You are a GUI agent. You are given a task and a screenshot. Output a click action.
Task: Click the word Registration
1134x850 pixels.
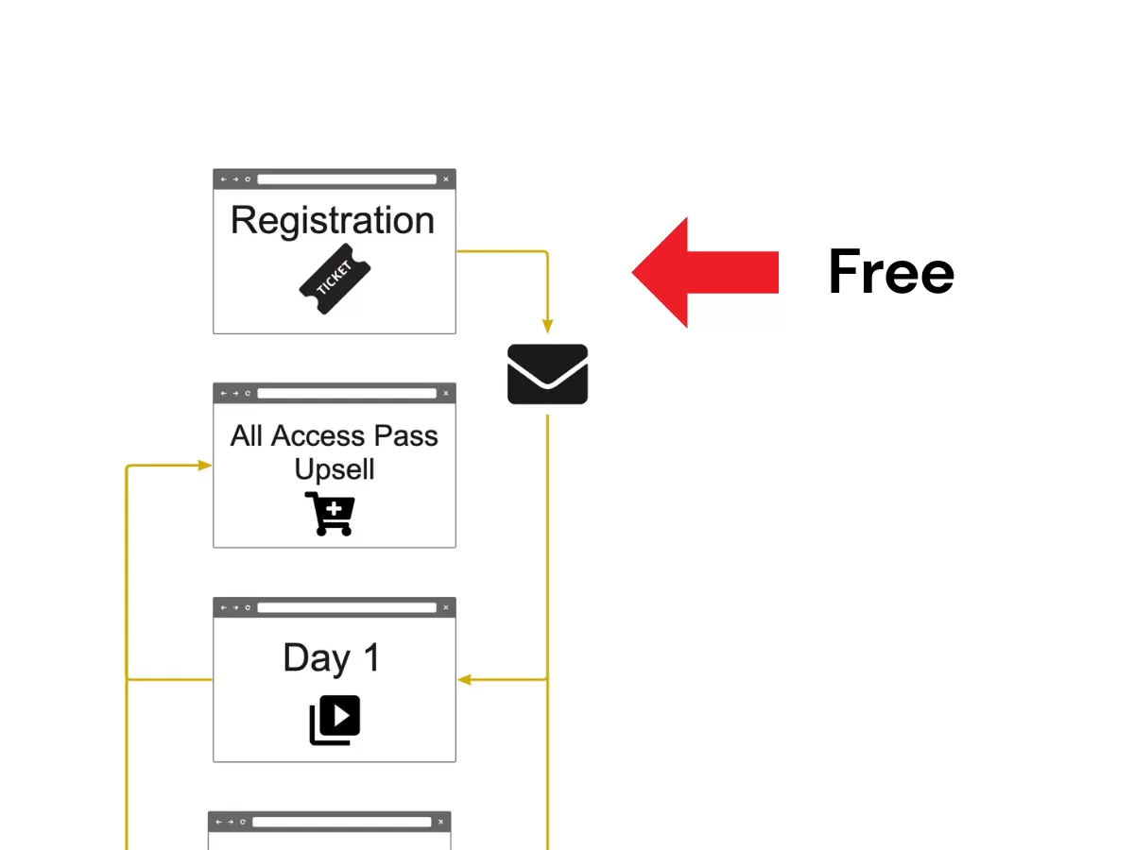click(333, 221)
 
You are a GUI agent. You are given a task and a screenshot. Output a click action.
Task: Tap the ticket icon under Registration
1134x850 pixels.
click(335, 279)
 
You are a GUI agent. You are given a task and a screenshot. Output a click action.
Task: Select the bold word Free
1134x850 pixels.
click(891, 272)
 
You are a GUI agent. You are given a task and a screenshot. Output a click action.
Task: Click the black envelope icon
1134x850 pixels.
click(547, 374)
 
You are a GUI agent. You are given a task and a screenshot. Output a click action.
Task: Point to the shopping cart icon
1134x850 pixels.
click(330, 514)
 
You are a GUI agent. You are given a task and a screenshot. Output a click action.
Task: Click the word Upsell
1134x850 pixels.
click(335, 469)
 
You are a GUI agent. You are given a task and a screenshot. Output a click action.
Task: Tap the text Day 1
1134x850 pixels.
click(331, 658)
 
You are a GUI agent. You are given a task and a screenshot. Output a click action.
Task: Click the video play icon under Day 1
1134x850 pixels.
click(335, 720)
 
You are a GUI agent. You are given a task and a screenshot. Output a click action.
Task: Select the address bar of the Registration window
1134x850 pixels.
click(347, 179)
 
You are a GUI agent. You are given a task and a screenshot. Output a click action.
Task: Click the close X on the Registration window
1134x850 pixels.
click(446, 179)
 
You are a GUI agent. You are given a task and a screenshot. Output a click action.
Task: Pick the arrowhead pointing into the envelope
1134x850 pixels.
click(547, 327)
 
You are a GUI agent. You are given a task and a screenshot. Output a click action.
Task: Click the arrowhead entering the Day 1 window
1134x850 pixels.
click(464, 679)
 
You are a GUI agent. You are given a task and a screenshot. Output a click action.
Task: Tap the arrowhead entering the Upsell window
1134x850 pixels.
click(205, 465)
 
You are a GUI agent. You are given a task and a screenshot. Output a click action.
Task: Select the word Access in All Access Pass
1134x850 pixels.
click(316, 436)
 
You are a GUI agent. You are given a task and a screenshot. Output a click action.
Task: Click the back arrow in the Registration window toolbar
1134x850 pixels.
click(224, 179)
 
